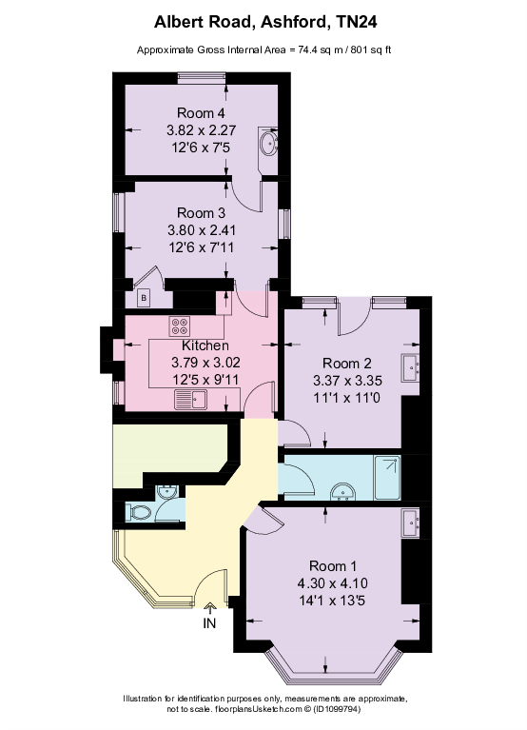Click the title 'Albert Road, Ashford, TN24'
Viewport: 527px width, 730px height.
pyautogui.click(x=263, y=20)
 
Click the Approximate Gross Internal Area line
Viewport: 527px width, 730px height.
pyautogui.click(x=263, y=49)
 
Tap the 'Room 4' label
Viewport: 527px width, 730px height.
pyautogui.click(x=201, y=113)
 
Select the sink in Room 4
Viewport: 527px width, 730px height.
pyautogui.click(x=267, y=146)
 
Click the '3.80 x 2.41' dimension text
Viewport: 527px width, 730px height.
pyautogui.click(x=201, y=229)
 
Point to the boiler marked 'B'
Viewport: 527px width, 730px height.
pyautogui.click(x=144, y=298)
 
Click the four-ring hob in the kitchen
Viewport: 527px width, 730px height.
pyautogui.click(x=181, y=326)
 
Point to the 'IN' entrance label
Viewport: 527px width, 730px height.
pyautogui.click(x=210, y=624)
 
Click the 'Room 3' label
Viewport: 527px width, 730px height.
pyautogui.click(x=201, y=212)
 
